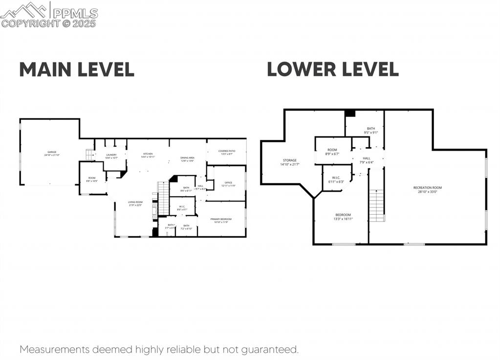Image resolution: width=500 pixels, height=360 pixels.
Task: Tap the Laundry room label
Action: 111,156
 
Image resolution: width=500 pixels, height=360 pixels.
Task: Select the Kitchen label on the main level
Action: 148,155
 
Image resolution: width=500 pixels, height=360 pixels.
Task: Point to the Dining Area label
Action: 187,158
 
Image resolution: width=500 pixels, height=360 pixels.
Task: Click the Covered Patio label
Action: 227,152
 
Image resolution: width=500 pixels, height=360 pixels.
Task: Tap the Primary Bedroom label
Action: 221,220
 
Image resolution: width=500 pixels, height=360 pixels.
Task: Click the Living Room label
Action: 135,203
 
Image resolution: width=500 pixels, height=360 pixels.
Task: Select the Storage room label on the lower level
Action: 289,162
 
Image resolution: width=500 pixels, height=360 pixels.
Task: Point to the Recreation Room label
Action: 427,189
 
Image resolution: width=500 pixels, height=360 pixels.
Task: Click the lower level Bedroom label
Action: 343,217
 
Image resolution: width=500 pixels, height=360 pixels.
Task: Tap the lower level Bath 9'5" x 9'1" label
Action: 371,130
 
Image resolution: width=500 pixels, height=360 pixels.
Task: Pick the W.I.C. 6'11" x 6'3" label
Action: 336,180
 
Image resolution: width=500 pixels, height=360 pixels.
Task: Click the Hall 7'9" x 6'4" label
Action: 367,160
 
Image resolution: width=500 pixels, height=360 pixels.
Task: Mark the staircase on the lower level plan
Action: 376,205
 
